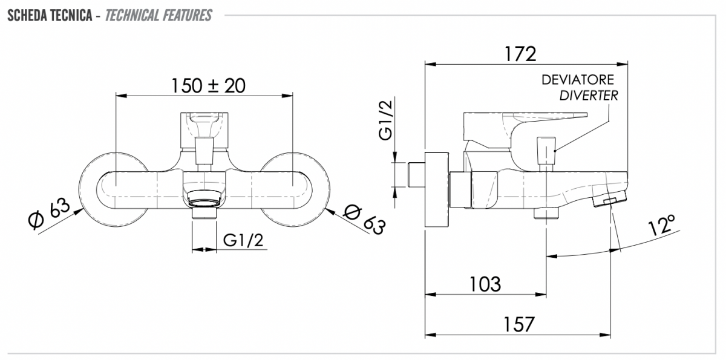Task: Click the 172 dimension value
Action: click(x=520, y=54)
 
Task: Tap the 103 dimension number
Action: click(x=485, y=284)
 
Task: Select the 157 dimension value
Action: click(x=518, y=324)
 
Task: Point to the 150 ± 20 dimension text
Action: click(x=208, y=86)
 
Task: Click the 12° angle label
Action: click(x=662, y=224)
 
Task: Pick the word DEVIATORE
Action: click(x=578, y=80)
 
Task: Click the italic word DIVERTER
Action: click(x=589, y=96)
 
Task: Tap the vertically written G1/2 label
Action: click(x=386, y=120)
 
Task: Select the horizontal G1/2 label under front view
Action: click(x=243, y=240)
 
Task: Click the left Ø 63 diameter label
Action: click(x=49, y=212)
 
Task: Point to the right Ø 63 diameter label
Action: click(x=365, y=218)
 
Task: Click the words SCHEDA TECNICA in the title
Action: click(x=50, y=16)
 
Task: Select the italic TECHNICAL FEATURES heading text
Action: click(x=159, y=16)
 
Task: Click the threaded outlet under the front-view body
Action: click(x=204, y=213)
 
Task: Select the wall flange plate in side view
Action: click(x=437, y=189)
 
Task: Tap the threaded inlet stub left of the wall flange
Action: click(x=416, y=175)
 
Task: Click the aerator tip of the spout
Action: click(x=610, y=199)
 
